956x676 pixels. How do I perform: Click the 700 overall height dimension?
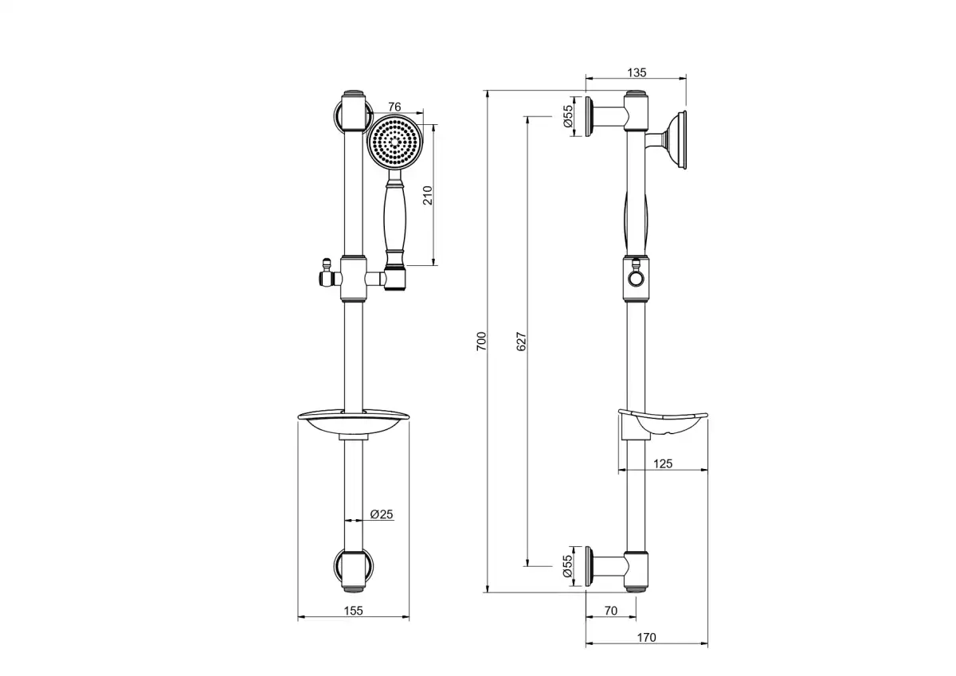[x=481, y=342]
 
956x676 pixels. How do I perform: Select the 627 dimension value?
[x=522, y=342]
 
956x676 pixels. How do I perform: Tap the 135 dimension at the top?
[x=637, y=73]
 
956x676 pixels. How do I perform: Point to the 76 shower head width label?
[x=395, y=107]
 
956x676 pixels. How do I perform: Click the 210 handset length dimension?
[x=428, y=195]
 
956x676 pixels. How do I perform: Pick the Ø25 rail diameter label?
[x=382, y=514]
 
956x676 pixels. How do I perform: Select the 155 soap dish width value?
[x=354, y=611]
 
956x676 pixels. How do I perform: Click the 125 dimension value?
[x=663, y=463]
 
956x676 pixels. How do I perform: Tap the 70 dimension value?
[x=611, y=611]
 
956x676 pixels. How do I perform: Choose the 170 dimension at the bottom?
[x=646, y=638]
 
